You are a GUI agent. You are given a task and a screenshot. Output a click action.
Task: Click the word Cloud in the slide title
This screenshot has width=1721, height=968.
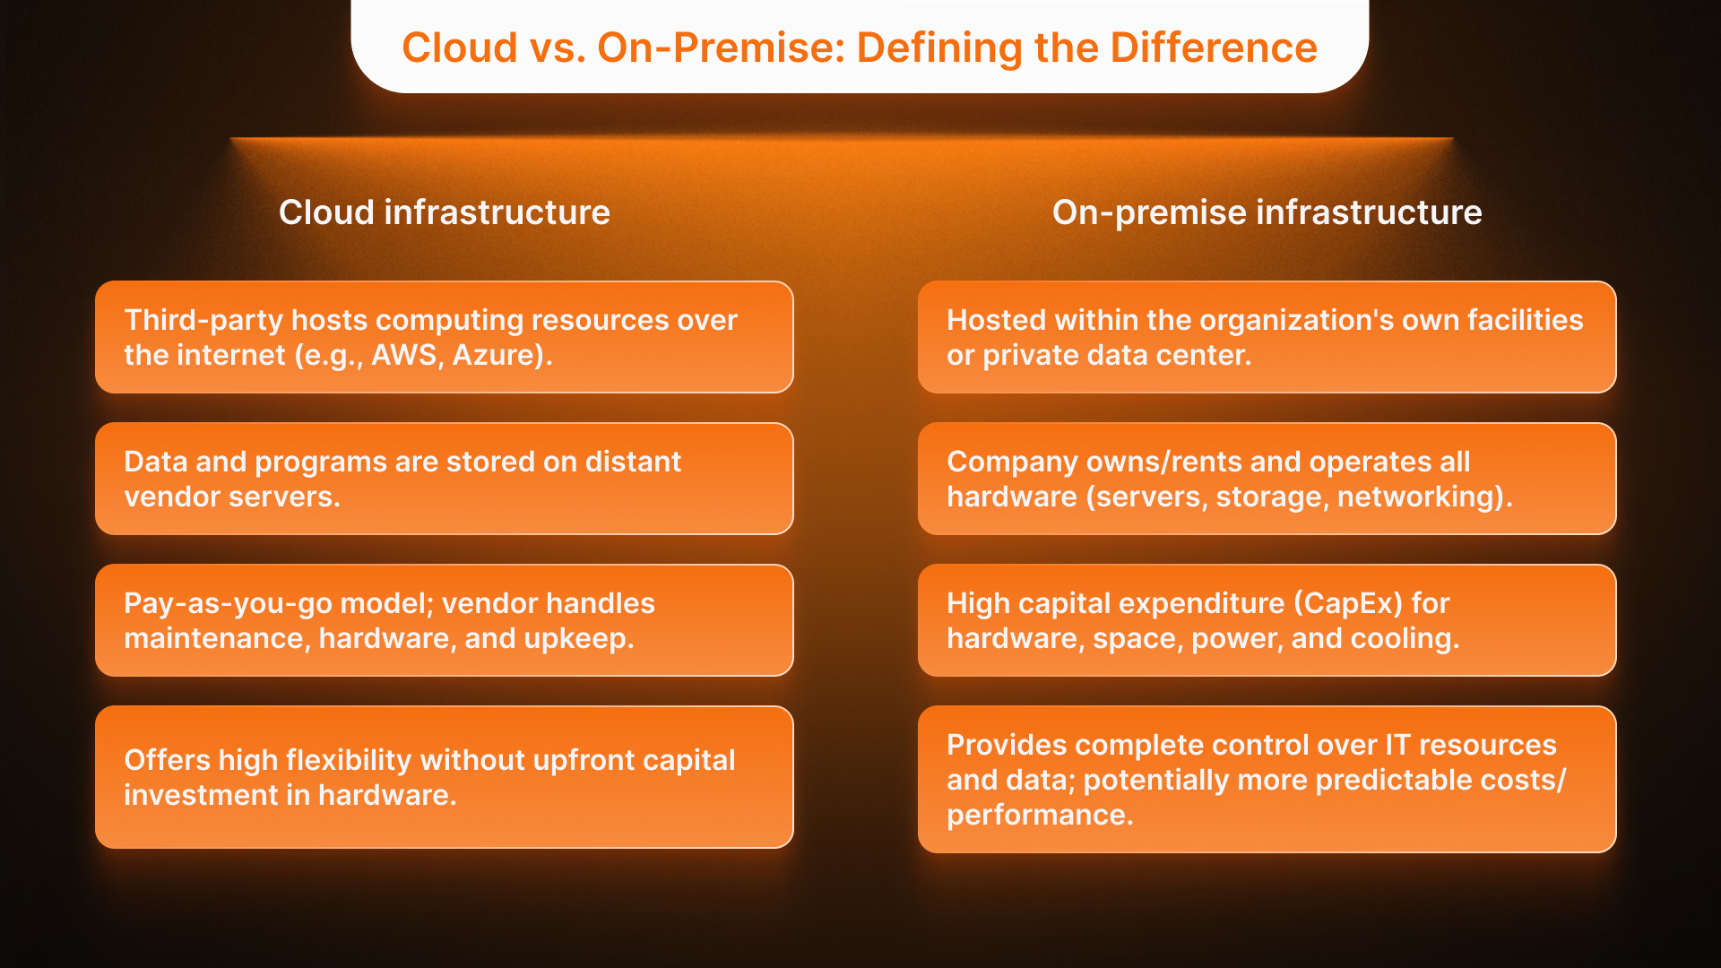click(x=459, y=48)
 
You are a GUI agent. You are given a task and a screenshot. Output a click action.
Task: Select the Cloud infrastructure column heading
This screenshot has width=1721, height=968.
click(x=444, y=212)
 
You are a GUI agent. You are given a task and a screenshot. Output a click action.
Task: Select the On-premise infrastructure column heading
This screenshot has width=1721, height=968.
click(x=1267, y=212)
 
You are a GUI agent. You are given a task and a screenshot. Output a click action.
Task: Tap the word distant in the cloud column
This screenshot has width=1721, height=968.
click(x=632, y=462)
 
